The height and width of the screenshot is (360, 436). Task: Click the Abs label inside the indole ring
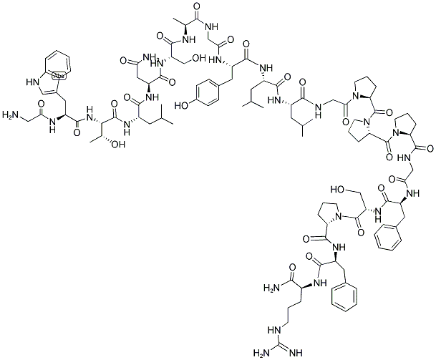click(x=58, y=75)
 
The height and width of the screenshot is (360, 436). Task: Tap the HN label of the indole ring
click(x=32, y=82)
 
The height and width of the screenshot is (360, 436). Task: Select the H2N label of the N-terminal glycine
click(x=10, y=115)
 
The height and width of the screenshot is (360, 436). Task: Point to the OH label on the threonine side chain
click(x=117, y=145)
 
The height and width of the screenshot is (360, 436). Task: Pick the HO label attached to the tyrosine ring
click(x=181, y=105)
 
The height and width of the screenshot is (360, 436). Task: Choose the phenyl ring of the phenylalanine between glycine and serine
click(x=389, y=237)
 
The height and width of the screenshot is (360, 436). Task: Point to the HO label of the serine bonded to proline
click(x=337, y=190)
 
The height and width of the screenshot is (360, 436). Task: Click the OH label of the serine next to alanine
click(x=198, y=59)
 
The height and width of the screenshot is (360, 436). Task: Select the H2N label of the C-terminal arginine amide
click(x=271, y=288)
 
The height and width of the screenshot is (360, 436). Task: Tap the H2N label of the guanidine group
click(x=261, y=353)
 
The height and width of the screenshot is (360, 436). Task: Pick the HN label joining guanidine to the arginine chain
click(x=274, y=330)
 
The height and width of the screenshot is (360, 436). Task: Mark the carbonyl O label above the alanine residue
click(x=198, y=6)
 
